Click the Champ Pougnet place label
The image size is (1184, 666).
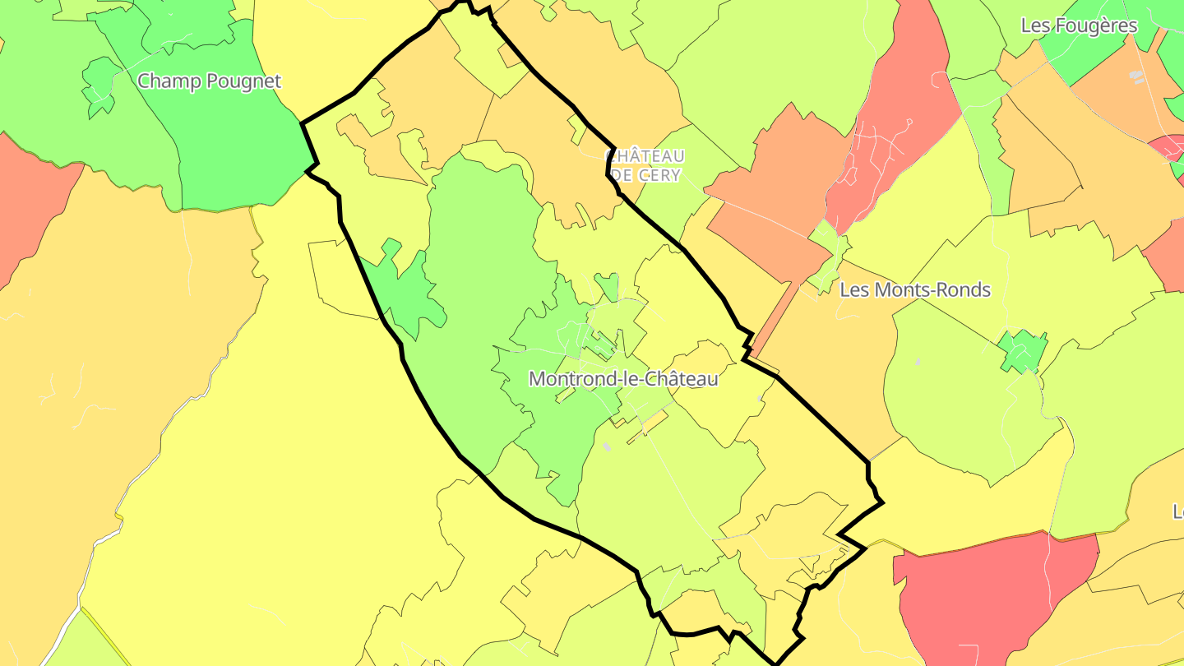209,81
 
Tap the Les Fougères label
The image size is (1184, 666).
1079,25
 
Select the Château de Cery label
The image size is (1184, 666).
645,165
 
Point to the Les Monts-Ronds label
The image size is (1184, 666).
914,290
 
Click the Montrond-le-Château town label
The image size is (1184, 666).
623,379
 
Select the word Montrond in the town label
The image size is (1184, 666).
567,379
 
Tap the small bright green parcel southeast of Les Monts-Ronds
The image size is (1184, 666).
1022,353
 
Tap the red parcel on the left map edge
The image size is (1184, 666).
29,206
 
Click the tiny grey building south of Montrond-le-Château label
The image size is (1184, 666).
607,446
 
